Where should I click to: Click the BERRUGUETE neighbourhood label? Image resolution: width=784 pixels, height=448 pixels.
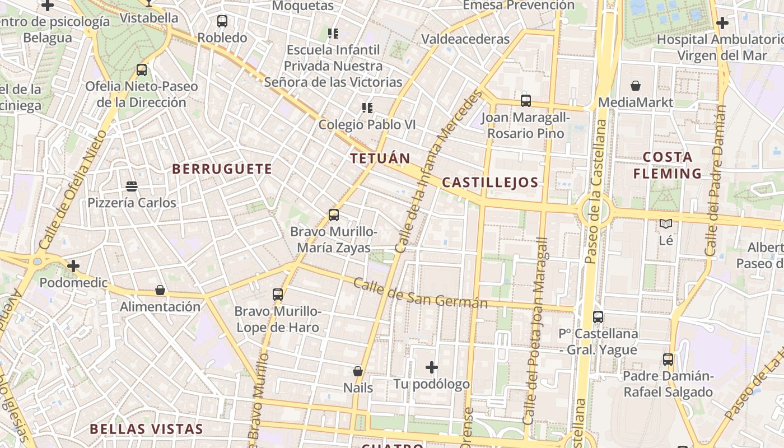point(222,169)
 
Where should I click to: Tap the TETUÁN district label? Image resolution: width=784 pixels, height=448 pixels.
point(380,158)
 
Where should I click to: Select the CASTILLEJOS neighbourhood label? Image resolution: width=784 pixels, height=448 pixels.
point(490,182)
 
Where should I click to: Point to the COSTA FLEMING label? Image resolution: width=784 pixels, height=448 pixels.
point(667,165)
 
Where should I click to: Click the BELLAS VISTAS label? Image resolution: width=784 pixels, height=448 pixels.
point(146,430)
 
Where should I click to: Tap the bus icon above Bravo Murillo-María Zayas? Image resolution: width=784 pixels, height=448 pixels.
point(334,214)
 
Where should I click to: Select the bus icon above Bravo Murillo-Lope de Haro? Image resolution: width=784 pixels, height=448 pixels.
point(277,294)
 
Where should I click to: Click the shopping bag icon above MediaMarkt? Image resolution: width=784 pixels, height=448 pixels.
point(636,86)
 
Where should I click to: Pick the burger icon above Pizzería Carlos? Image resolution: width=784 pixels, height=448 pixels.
point(132,186)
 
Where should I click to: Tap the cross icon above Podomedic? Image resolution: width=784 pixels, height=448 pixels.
point(73,265)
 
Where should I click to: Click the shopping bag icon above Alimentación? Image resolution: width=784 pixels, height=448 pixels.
point(160,290)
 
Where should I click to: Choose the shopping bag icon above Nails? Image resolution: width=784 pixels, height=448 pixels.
point(358,371)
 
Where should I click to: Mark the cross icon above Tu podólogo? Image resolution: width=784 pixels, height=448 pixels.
point(431,367)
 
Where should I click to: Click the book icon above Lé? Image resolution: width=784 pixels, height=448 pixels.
point(666,224)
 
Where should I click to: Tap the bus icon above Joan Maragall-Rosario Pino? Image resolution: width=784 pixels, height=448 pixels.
point(525,101)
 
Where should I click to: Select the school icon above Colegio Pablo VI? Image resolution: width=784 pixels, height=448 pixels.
point(367,108)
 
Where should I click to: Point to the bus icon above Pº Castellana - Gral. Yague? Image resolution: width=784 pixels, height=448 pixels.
point(598,317)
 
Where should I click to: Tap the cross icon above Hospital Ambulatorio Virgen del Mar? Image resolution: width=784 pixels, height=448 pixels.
point(722,23)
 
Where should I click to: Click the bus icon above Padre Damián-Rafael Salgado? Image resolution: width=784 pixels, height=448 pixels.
point(668,360)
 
